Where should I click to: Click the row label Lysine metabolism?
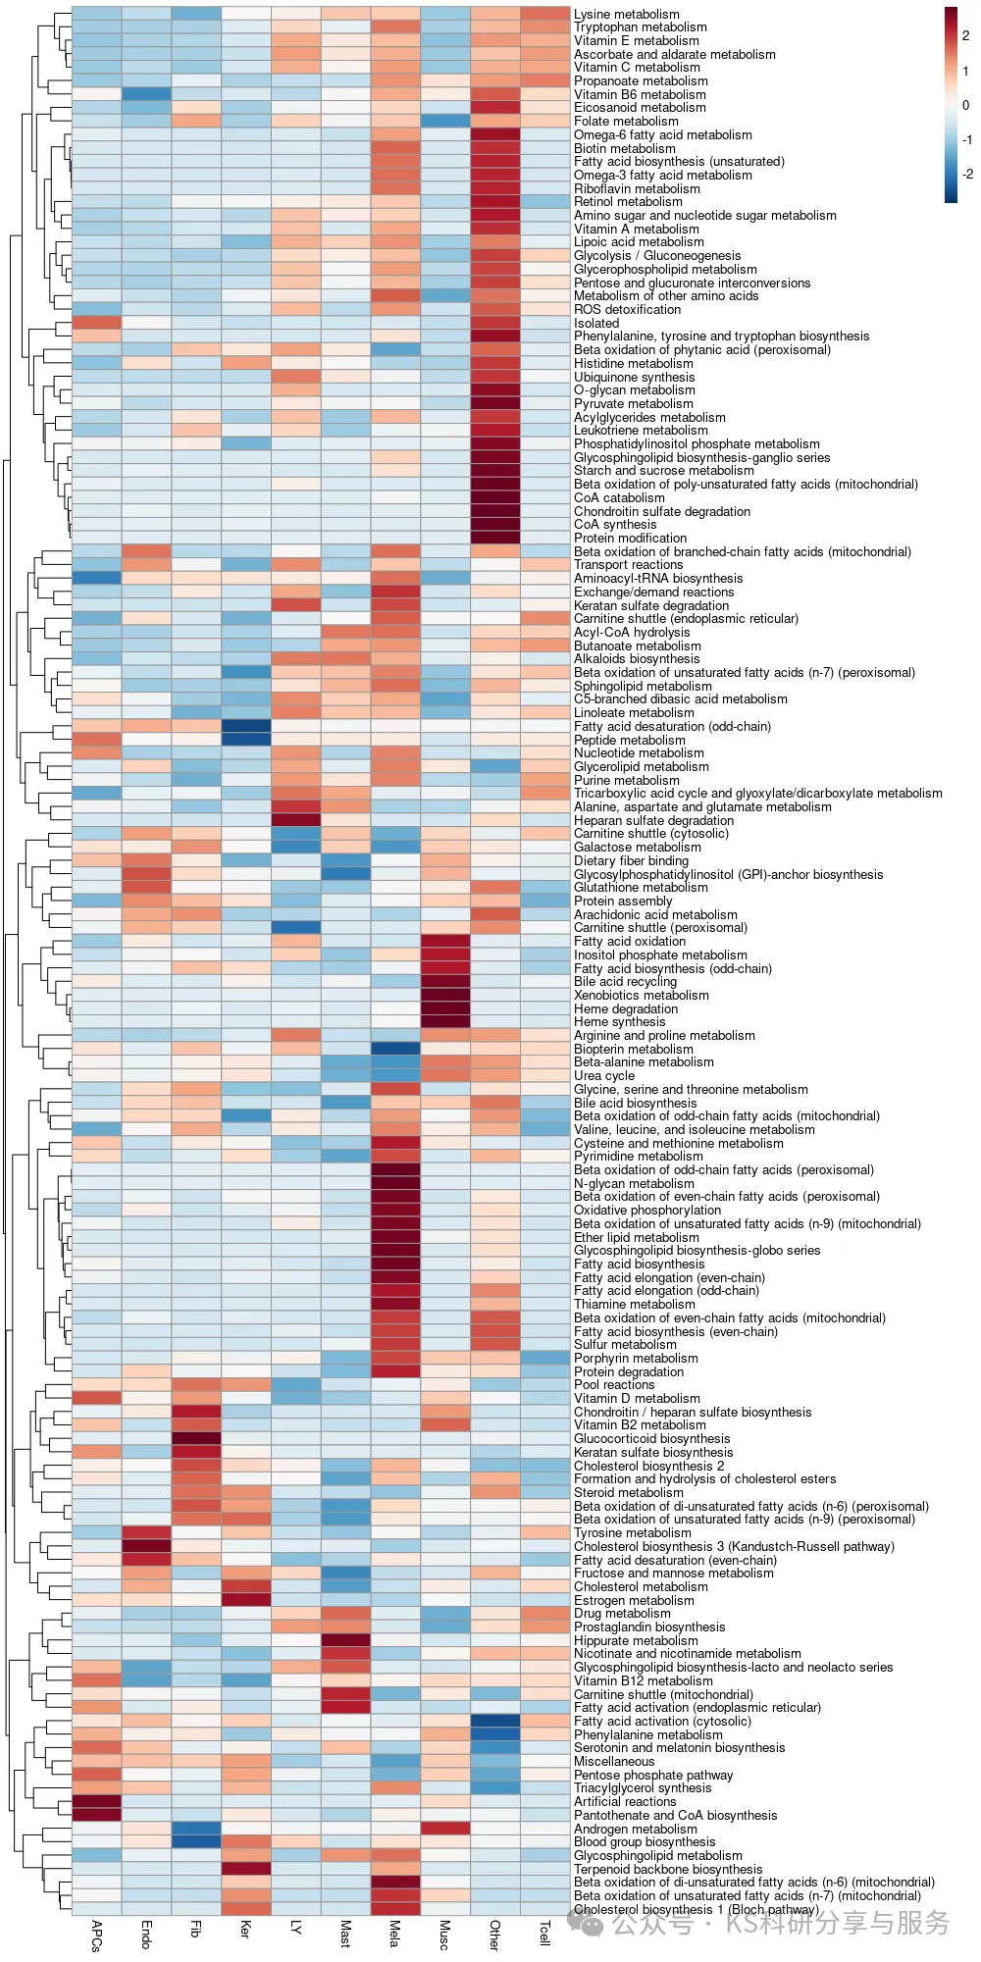pos(626,15)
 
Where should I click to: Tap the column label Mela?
pos(394,1933)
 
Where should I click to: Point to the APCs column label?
pos(96,1936)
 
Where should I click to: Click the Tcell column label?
pos(544,1933)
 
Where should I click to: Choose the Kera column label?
pos(245,1929)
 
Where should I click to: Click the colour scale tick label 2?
pos(965,35)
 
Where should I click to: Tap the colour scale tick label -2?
pos(967,175)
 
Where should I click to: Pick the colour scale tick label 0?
pos(965,105)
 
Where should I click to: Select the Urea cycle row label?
pos(604,1076)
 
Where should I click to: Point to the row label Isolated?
pos(596,323)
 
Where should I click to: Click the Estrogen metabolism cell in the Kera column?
pos(246,1600)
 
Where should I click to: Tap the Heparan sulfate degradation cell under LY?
pos(296,820)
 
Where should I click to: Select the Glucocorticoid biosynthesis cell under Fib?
pos(196,1439)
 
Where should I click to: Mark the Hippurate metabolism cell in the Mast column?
pos(345,1640)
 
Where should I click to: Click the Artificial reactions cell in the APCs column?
pos(96,1802)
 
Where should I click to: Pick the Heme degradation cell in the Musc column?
pos(445,1008)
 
